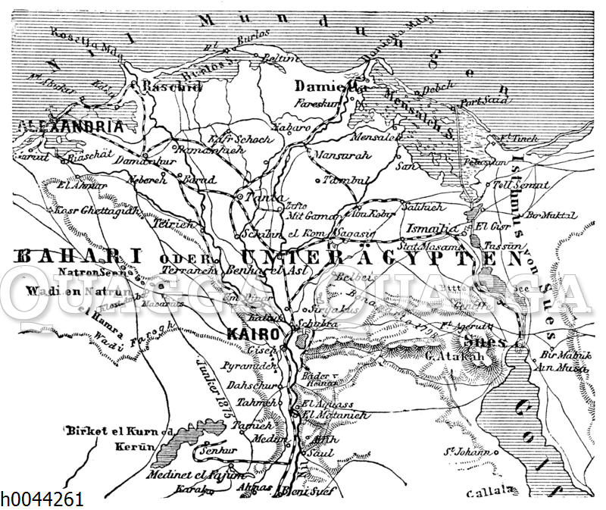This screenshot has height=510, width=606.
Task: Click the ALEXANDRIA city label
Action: click(x=63, y=127)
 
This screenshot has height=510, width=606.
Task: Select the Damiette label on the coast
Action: click(x=330, y=86)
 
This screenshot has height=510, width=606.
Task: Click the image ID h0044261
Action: click(x=42, y=499)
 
